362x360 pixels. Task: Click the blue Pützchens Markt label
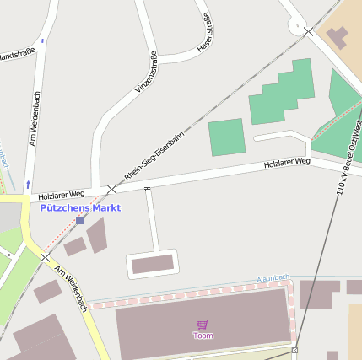pyautogui.click(x=80, y=207)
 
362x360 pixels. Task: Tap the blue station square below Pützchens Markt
pyautogui.click(x=80, y=220)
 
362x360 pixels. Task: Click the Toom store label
pyautogui.click(x=203, y=336)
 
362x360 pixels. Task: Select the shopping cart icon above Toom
pyautogui.click(x=203, y=324)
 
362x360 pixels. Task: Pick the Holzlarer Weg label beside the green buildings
pyautogui.click(x=287, y=161)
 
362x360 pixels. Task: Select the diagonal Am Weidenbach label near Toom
pyautogui.click(x=71, y=288)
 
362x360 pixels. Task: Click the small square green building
pyautogui.click(x=226, y=137)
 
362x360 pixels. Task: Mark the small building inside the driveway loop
pyautogui.click(x=153, y=265)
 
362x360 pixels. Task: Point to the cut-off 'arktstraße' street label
pyautogui.click(x=18, y=55)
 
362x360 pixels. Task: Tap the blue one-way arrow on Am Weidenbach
pyautogui.click(x=28, y=183)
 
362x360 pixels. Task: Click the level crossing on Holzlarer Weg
pyautogui.click(x=111, y=189)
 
